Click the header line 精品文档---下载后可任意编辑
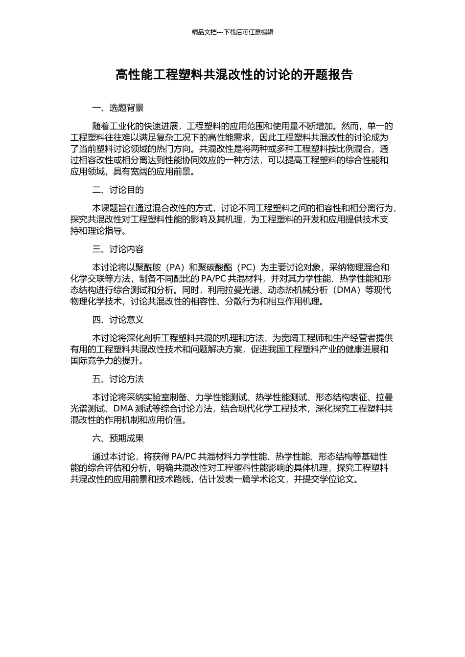coord(232,32)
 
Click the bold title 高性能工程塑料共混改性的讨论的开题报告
coord(233,75)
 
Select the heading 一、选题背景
coord(118,108)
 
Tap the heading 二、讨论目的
coord(118,190)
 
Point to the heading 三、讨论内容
coord(118,249)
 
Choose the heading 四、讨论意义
coord(118,320)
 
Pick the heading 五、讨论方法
coord(118,379)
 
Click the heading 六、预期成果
coord(118,438)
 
